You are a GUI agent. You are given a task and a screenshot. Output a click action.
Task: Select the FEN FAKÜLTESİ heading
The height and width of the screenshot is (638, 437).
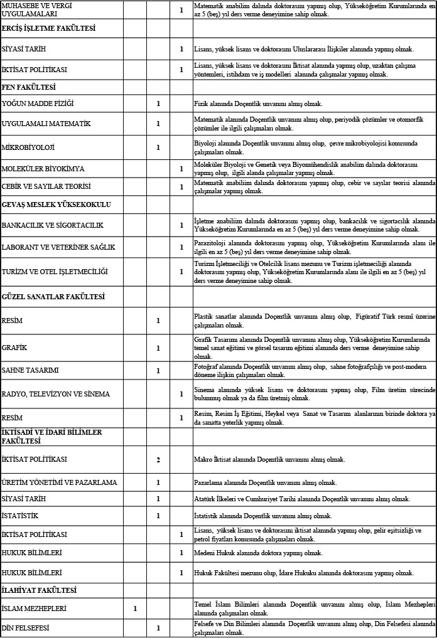29,87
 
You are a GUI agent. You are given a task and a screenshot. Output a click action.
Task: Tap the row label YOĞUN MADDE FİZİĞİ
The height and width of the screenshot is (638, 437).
38,104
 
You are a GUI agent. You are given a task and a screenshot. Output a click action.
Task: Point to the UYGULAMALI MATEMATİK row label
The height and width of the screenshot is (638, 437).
46,124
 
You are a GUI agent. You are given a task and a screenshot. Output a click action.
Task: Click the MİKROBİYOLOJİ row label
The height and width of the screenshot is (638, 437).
28,148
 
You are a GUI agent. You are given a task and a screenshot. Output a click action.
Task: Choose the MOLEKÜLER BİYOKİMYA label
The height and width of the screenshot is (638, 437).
43,169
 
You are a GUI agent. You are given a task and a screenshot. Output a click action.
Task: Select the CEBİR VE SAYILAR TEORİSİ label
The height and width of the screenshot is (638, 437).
46,187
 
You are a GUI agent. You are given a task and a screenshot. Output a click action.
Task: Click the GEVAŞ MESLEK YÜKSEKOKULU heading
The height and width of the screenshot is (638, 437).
57,205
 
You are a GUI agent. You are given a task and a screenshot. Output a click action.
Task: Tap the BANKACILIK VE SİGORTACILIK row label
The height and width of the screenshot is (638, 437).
53,225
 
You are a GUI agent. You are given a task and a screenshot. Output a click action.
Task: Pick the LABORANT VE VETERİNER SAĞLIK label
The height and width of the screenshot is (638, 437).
58,247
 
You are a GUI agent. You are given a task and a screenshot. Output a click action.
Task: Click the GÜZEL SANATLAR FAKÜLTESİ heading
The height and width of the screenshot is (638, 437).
53,296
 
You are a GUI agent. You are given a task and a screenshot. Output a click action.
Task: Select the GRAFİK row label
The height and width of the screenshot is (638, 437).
14,348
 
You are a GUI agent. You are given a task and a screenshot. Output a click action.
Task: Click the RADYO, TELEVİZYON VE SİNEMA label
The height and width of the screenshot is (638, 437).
56,394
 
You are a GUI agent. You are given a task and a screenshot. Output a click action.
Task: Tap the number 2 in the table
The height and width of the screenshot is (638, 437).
158,460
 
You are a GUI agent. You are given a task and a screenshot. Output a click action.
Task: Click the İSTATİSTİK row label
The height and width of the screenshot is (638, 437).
20,516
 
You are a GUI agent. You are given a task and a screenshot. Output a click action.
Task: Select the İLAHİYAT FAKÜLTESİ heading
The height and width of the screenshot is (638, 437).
39,590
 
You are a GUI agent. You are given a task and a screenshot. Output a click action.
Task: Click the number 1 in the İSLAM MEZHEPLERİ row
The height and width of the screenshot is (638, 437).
135,609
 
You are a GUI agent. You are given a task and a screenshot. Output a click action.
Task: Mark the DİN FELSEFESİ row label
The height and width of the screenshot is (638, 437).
26,628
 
